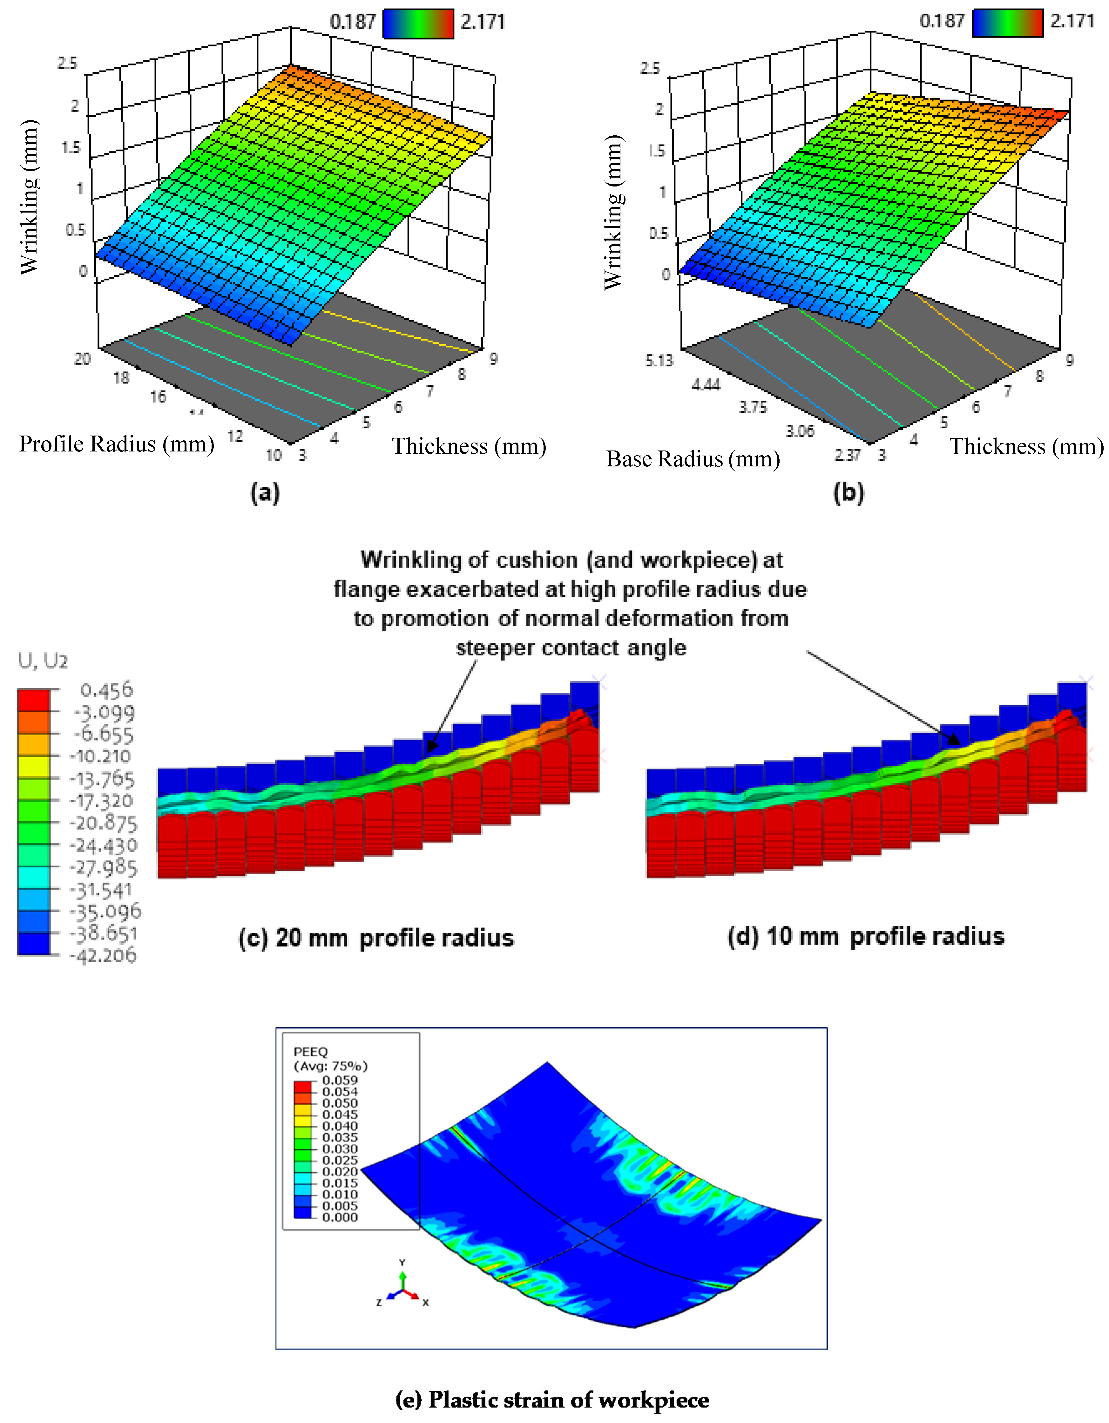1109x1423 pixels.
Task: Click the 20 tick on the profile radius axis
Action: point(82,358)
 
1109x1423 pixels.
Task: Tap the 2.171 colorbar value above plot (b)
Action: point(1072,22)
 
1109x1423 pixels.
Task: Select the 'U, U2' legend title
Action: point(43,661)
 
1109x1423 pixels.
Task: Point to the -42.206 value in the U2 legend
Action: point(104,956)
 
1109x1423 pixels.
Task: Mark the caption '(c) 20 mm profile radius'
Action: point(376,938)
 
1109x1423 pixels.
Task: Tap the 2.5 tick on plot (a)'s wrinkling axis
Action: point(67,63)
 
